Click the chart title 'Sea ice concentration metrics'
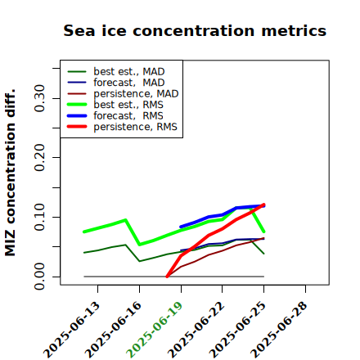195,30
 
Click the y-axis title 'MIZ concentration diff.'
10,173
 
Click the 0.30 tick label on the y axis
40,98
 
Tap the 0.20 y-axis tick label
40,158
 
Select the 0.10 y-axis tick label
40,217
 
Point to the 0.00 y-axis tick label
40,277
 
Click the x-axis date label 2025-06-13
72,330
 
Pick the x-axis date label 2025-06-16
114,330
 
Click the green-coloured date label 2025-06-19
155,330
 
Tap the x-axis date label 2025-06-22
196,330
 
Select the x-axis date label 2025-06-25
238,330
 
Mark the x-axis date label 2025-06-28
280,330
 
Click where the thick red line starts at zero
167,277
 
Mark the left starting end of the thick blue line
181,227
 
